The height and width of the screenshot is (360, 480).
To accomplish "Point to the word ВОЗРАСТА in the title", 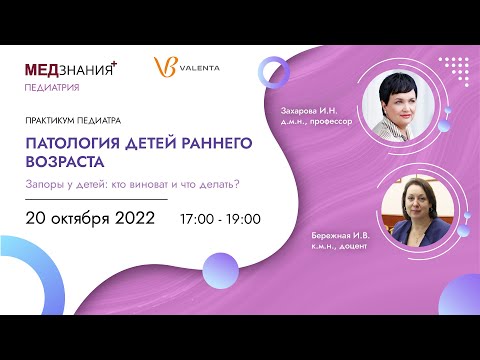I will click(x=65, y=161).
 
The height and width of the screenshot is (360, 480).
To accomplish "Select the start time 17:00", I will click(x=198, y=218).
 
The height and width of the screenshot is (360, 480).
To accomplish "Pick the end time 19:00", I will click(x=243, y=218).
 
